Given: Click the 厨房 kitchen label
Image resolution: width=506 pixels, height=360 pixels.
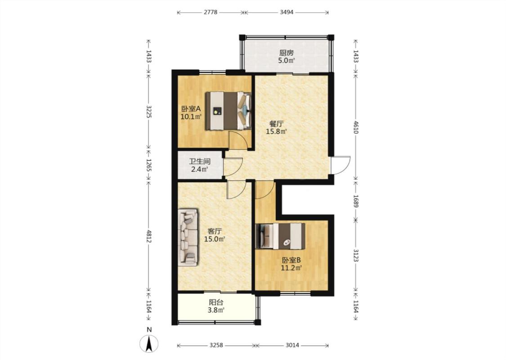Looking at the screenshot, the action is (286, 53).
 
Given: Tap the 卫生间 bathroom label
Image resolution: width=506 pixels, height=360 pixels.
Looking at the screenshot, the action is (199, 161).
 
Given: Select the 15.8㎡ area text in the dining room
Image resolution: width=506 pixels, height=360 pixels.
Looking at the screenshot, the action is (276, 131).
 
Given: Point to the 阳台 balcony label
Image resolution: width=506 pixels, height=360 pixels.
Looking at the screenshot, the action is (216, 302).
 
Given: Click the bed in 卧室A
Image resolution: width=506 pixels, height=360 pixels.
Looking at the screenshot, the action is (228, 111).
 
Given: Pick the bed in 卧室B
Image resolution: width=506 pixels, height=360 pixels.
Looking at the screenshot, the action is (280, 236).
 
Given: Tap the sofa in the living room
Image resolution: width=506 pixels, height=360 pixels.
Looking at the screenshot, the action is (188, 237).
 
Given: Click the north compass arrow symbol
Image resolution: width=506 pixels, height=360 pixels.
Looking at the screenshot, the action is (149, 343).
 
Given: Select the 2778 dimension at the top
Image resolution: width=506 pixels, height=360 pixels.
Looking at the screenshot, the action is (210, 12).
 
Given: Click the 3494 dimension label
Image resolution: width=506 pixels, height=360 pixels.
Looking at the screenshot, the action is (286, 12).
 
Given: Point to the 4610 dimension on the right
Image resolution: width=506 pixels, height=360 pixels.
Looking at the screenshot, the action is (356, 127).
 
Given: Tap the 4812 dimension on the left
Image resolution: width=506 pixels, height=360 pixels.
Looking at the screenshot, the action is (149, 236).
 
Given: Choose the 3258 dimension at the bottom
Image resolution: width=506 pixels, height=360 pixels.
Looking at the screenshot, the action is (216, 345).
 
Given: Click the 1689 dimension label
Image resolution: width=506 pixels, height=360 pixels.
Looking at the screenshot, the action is (356, 201).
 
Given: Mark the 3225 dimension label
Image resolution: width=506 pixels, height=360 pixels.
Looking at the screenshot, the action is (149, 112).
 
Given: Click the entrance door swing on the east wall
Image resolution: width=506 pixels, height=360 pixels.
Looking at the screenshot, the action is (340, 165).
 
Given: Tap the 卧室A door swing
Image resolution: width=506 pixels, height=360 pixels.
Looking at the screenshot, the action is (238, 140).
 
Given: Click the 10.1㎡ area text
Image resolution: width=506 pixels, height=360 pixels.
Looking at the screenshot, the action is (191, 117).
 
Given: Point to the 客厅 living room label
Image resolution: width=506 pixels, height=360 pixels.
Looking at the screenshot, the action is (215, 231).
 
